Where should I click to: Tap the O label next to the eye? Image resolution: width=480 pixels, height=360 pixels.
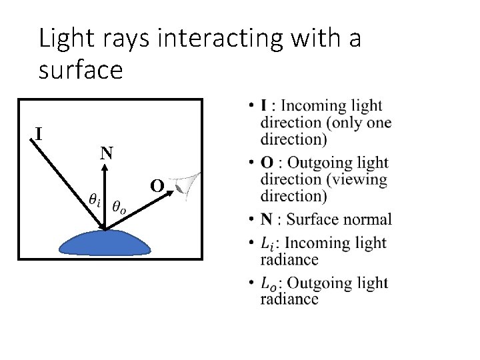157,186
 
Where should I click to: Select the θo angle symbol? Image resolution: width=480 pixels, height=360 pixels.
121,207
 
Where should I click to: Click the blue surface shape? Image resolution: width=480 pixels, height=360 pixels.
105,241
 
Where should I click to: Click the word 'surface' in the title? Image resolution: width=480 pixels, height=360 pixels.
81,70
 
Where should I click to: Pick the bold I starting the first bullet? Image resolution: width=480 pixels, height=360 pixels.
263,105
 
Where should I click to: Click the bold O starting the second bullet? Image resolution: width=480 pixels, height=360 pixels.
267,163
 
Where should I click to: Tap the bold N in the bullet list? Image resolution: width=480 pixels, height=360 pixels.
267,219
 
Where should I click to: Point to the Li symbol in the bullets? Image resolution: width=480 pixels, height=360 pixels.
268,243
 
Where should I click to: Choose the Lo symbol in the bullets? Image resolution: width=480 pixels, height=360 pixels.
269,283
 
